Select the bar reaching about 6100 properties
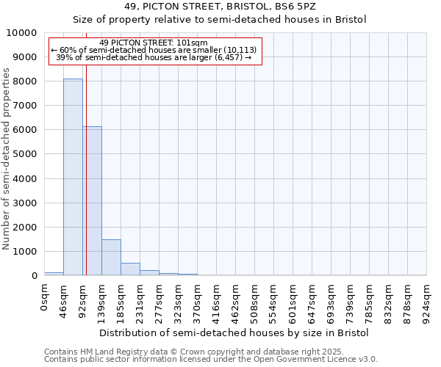pos(92,201)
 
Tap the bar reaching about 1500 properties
pos(111,257)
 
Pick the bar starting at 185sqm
pos(130,269)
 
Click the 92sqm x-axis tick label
pos(83,299)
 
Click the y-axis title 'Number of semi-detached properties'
pos(7,159)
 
